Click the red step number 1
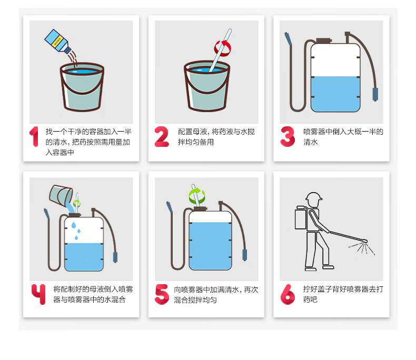[x=34, y=136]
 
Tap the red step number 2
[x=162, y=136]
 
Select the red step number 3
[x=288, y=136]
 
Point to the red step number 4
[x=38, y=294]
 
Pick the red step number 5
[x=162, y=294]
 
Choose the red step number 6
[x=288, y=294]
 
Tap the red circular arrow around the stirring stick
[x=223, y=48]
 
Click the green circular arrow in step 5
[x=197, y=196]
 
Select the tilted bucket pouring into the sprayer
[x=61, y=195]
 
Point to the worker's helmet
[x=314, y=196]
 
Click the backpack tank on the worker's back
[x=301, y=218]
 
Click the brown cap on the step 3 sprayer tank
[x=324, y=41]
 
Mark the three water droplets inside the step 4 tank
[x=76, y=231]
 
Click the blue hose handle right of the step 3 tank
[x=375, y=94]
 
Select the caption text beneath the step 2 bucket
[x=216, y=137]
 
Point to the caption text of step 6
[x=343, y=294]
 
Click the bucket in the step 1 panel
[x=82, y=87]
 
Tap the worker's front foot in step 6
[x=328, y=267]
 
